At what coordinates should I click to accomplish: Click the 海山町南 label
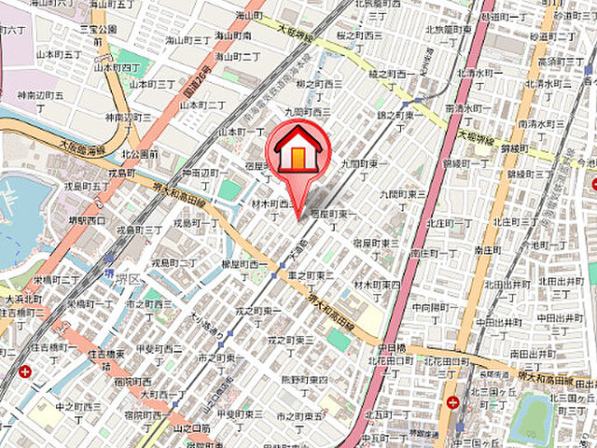233,36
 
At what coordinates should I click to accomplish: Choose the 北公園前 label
139,154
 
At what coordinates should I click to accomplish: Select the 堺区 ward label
128,279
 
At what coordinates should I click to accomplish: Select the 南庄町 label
489,251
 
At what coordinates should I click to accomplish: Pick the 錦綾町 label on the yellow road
512,148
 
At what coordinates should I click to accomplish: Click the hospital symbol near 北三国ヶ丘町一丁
452,403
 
